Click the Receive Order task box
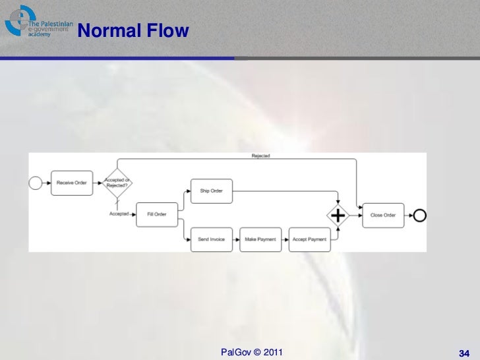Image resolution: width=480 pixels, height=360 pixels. pyautogui.click(x=72, y=183)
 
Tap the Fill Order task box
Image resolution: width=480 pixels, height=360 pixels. pyautogui.click(x=157, y=214)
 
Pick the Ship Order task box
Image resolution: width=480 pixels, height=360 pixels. pyautogui.click(x=212, y=191)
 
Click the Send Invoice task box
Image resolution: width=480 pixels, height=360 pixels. pyautogui.click(x=212, y=239)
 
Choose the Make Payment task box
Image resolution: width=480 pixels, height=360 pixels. pyautogui.click(x=260, y=239)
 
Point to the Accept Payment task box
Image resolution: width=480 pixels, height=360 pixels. pyautogui.click(x=309, y=239)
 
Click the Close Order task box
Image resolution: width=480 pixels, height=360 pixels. pyautogui.click(x=383, y=215)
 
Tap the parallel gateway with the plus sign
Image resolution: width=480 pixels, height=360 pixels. pyautogui.click(x=338, y=215)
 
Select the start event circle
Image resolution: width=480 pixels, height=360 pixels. pyautogui.click(x=36, y=183)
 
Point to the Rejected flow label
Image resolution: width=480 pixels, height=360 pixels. pyautogui.click(x=260, y=156)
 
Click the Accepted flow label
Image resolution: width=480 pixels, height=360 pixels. pyautogui.click(x=119, y=214)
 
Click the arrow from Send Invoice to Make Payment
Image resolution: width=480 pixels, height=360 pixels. pyautogui.click(x=236, y=239)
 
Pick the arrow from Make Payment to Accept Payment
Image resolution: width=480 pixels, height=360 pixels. pyautogui.click(x=285, y=239)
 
